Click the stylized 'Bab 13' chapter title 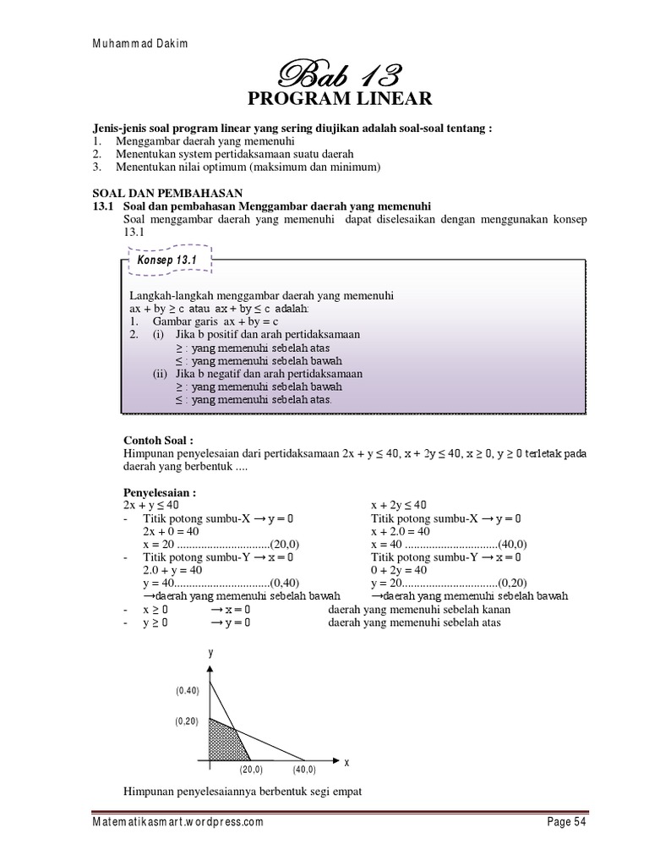point(338,74)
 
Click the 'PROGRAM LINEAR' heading point(339,100)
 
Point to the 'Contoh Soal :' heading point(159,441)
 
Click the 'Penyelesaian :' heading point(161,492)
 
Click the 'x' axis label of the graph point(346,762)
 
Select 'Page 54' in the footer point(560,822)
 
